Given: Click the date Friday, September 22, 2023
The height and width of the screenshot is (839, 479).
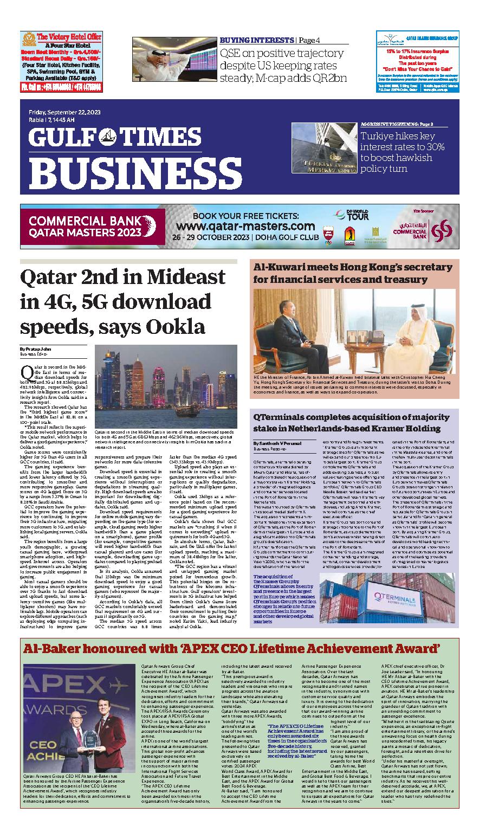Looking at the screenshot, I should (x=60, y=112).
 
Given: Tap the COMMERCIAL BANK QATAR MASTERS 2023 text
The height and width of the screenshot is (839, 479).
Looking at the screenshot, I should (x=78, y=227).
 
